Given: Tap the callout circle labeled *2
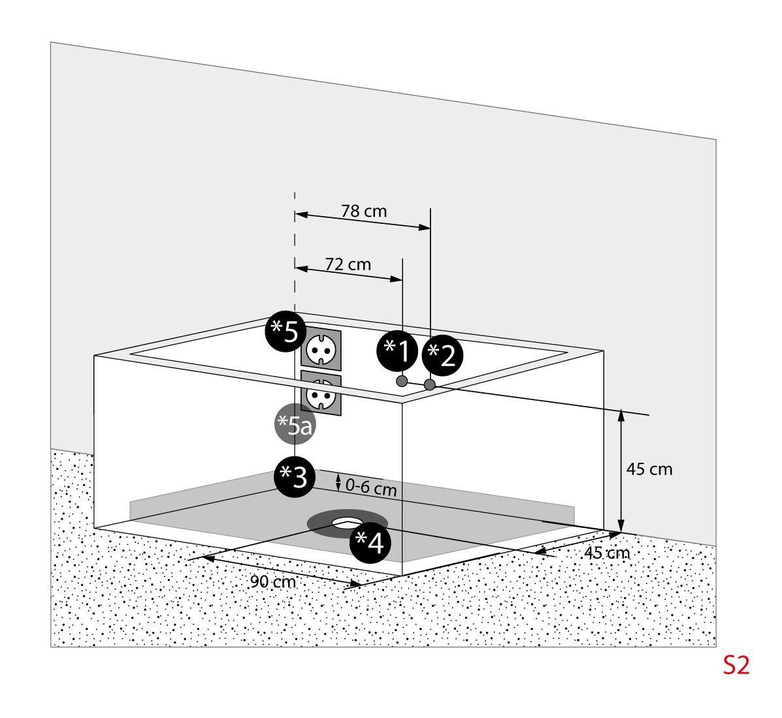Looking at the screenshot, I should pyautogui.click(x=442, y=356).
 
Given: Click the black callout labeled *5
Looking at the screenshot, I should pyautogui.click(x=285, y=332).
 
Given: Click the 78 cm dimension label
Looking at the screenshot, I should pyautogui.click(x=364, y=211).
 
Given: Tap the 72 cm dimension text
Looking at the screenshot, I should pyautogui.click(x=348, y=264).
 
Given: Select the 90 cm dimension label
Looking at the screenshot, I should pyautogui.click(x=273, y=582).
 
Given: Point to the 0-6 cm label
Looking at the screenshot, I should pyautogui.click(x=371, y=487).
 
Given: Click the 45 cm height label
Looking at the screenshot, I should pyautogui.click(x=649, y=469).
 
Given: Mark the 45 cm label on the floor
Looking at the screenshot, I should pyautogui.click(x=607, y=553).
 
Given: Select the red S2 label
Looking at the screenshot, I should pyautogui.click(x=736, y=665).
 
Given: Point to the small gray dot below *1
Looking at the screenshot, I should pyautogui.click(x=402, y=381).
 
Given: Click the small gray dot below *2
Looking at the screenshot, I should pyautogui.click(x=429, y=384).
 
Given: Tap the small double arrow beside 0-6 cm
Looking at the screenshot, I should pyautogui.click(x=338, y=483).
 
